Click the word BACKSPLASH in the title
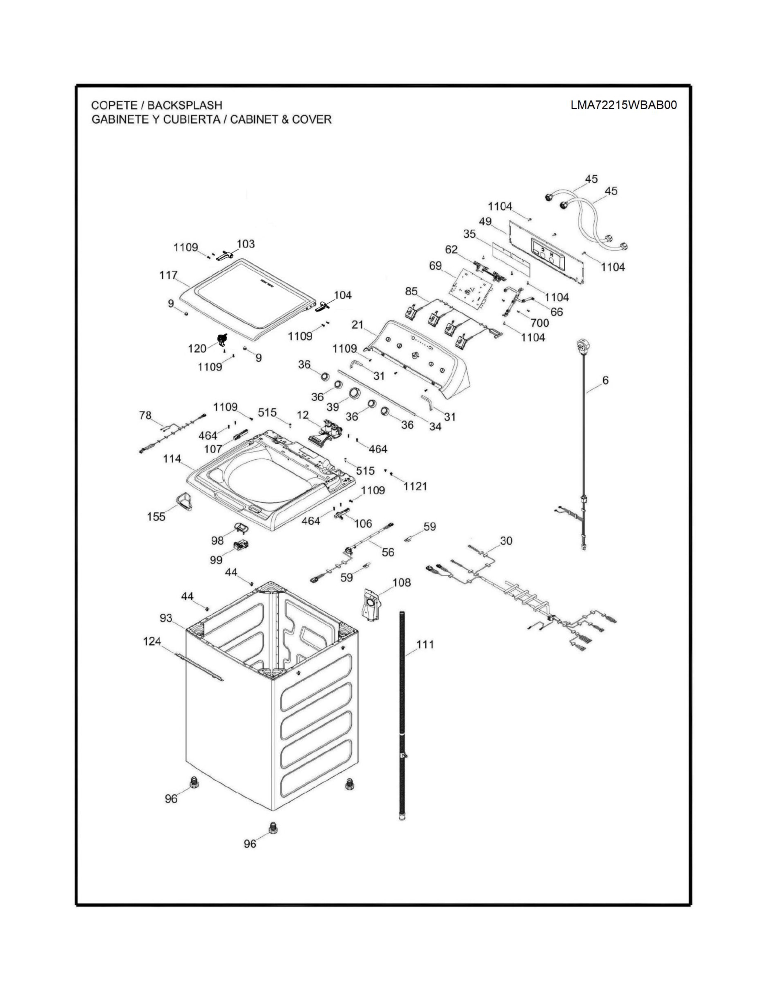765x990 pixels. [184, 105]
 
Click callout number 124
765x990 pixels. [152, 642]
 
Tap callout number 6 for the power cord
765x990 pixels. [605, 380]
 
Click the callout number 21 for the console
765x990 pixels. [358, 325]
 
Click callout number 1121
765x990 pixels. [415, 486]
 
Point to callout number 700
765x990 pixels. [539, 323]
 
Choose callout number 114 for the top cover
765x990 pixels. [172, 459]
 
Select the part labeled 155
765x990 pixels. [184, 501]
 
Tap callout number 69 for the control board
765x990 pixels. [436, 265]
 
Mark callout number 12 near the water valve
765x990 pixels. [303, 415]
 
